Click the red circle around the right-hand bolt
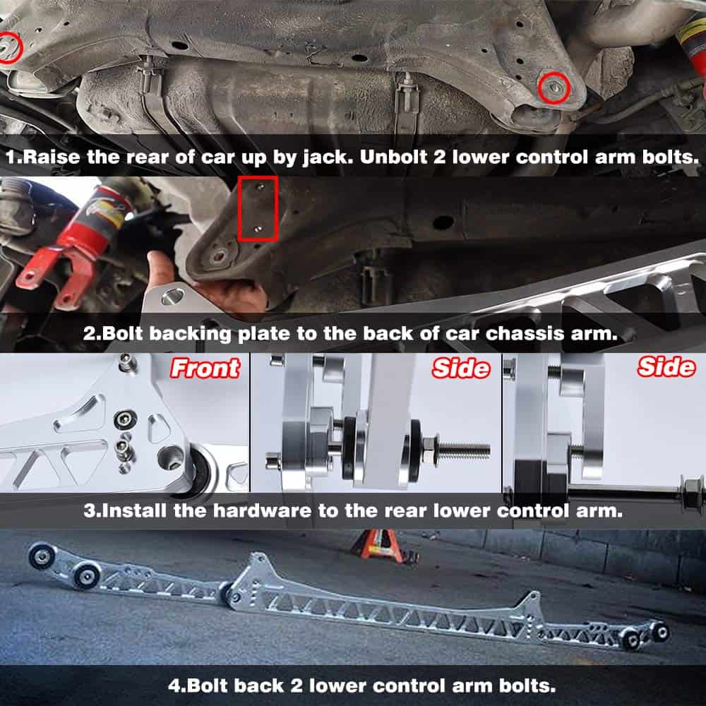point(554,88)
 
